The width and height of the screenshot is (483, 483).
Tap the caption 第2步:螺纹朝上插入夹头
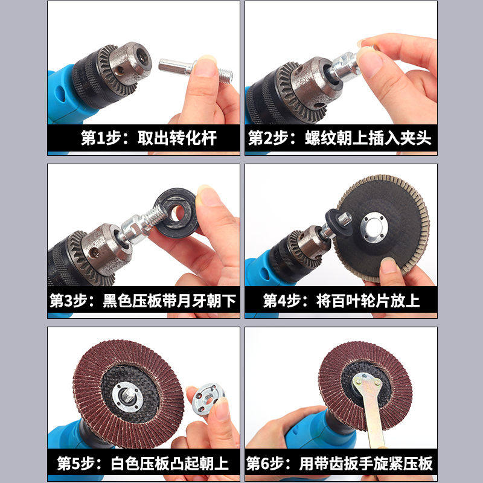coord(340,138)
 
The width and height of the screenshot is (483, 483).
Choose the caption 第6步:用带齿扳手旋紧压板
coord(340,463)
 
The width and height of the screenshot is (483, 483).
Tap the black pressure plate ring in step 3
coord(176,212)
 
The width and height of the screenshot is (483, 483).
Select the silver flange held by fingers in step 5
coord(206,400)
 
